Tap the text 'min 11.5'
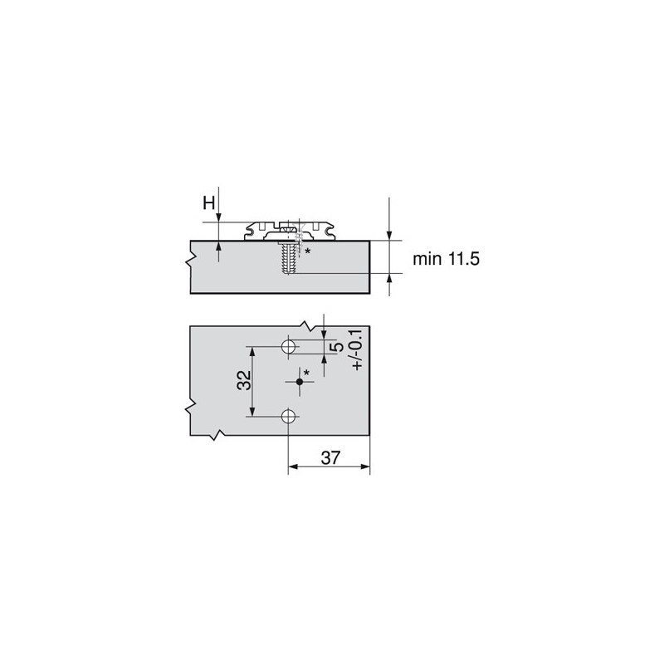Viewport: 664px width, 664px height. tap(447, 259)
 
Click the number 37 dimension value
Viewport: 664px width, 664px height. tap(330, 456)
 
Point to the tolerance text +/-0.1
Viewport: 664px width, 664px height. tap(357, 349)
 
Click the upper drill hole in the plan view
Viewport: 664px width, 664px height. tap(289, 345)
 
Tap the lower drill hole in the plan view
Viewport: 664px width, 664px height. tap(289, 417)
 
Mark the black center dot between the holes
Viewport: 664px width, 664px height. tap(299, 381)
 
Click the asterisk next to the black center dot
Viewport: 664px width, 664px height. tap(308, 373)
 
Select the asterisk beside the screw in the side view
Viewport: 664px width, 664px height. tap(308, 250)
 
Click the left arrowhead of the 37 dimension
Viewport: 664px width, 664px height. tap(293, 469)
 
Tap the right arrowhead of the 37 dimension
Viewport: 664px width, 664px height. tap(365, 469)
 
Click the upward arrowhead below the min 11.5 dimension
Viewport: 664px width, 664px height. tap(389, 279)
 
